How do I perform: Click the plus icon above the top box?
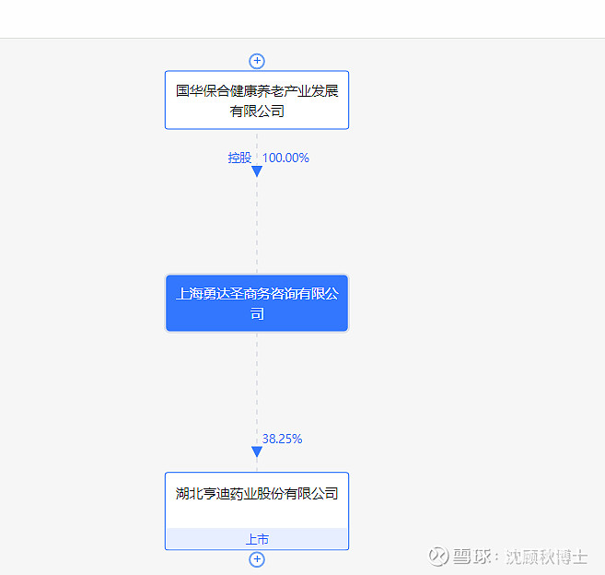[x=257, y=61]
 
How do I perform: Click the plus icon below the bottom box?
[x=257, y=559]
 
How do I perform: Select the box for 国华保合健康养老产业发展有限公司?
[x=257, y=100]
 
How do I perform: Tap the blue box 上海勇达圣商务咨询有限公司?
[x=257, y=303]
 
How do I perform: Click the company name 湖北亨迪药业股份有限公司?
[x=257, y=494]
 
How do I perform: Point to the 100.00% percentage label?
[x=285, y=158]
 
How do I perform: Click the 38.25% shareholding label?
[x=282, y=439]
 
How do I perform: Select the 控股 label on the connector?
[x=239, y=158]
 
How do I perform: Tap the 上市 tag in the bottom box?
[x=257, y=539]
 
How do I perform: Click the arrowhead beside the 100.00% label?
[x=257, y=171]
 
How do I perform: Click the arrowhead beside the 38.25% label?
[x=257, y=452]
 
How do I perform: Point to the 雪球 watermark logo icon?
[x=438, y=557]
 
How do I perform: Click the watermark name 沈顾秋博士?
[x=547, y=557]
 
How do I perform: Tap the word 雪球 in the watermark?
[x=471, y=557]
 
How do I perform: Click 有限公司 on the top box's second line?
[x=257, y=111]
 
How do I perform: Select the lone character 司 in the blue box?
[x=257, y=313]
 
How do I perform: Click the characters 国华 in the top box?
[x=190, y=90]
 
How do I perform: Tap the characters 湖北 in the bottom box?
[x=189, y=494]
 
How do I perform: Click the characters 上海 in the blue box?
[x=190, y=293]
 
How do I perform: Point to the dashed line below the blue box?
[x=257, y=389]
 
